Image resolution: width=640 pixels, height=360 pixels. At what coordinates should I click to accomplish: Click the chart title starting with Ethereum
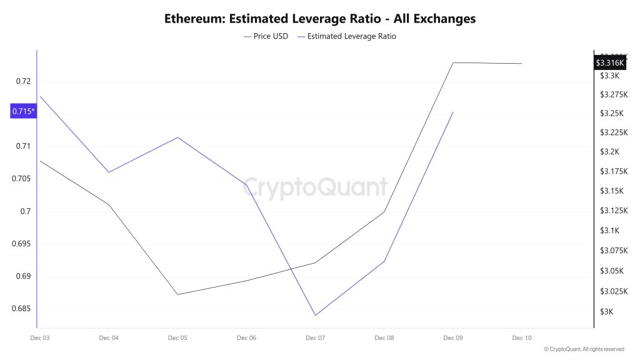pos(320,19)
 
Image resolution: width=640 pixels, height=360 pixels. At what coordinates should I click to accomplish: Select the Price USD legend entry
pos(266,36)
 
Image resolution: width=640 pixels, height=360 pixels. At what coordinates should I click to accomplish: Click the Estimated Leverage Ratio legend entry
pos(347,36)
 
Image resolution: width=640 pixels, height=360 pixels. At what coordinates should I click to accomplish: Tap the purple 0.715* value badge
pos(24,111)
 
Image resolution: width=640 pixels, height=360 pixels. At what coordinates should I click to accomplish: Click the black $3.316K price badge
pos(609,62)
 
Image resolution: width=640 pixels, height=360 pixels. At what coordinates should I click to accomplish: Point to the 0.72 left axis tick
pos(23,81)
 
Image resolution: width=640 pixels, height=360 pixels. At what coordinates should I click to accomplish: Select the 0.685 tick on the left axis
pos(21,309)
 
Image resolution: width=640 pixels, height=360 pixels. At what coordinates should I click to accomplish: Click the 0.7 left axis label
pos(25,211)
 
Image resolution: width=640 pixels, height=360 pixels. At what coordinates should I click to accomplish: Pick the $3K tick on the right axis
pos(606,312)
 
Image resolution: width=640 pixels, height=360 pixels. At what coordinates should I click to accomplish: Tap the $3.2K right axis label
pos(609,152)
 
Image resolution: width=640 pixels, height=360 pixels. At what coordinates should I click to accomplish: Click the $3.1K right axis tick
pos(609,231)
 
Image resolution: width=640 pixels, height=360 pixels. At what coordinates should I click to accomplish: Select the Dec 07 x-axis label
pos(315,338)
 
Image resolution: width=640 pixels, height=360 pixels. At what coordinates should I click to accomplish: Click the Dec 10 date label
pos(522,338)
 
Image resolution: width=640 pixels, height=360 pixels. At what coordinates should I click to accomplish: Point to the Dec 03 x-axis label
pos(40,338)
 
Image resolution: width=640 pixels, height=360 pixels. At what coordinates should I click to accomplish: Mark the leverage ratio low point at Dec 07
pos(315,315)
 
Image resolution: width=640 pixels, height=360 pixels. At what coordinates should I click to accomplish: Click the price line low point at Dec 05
pos(177,294)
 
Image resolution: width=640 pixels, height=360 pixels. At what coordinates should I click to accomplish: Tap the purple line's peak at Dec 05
pos(177,137)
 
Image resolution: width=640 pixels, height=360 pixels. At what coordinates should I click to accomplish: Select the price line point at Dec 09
pos(453,62)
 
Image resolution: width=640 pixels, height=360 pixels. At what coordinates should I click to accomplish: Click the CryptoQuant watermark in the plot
pos(315,187)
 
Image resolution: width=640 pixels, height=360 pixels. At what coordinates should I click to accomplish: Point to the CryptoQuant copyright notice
pos(584,349)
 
